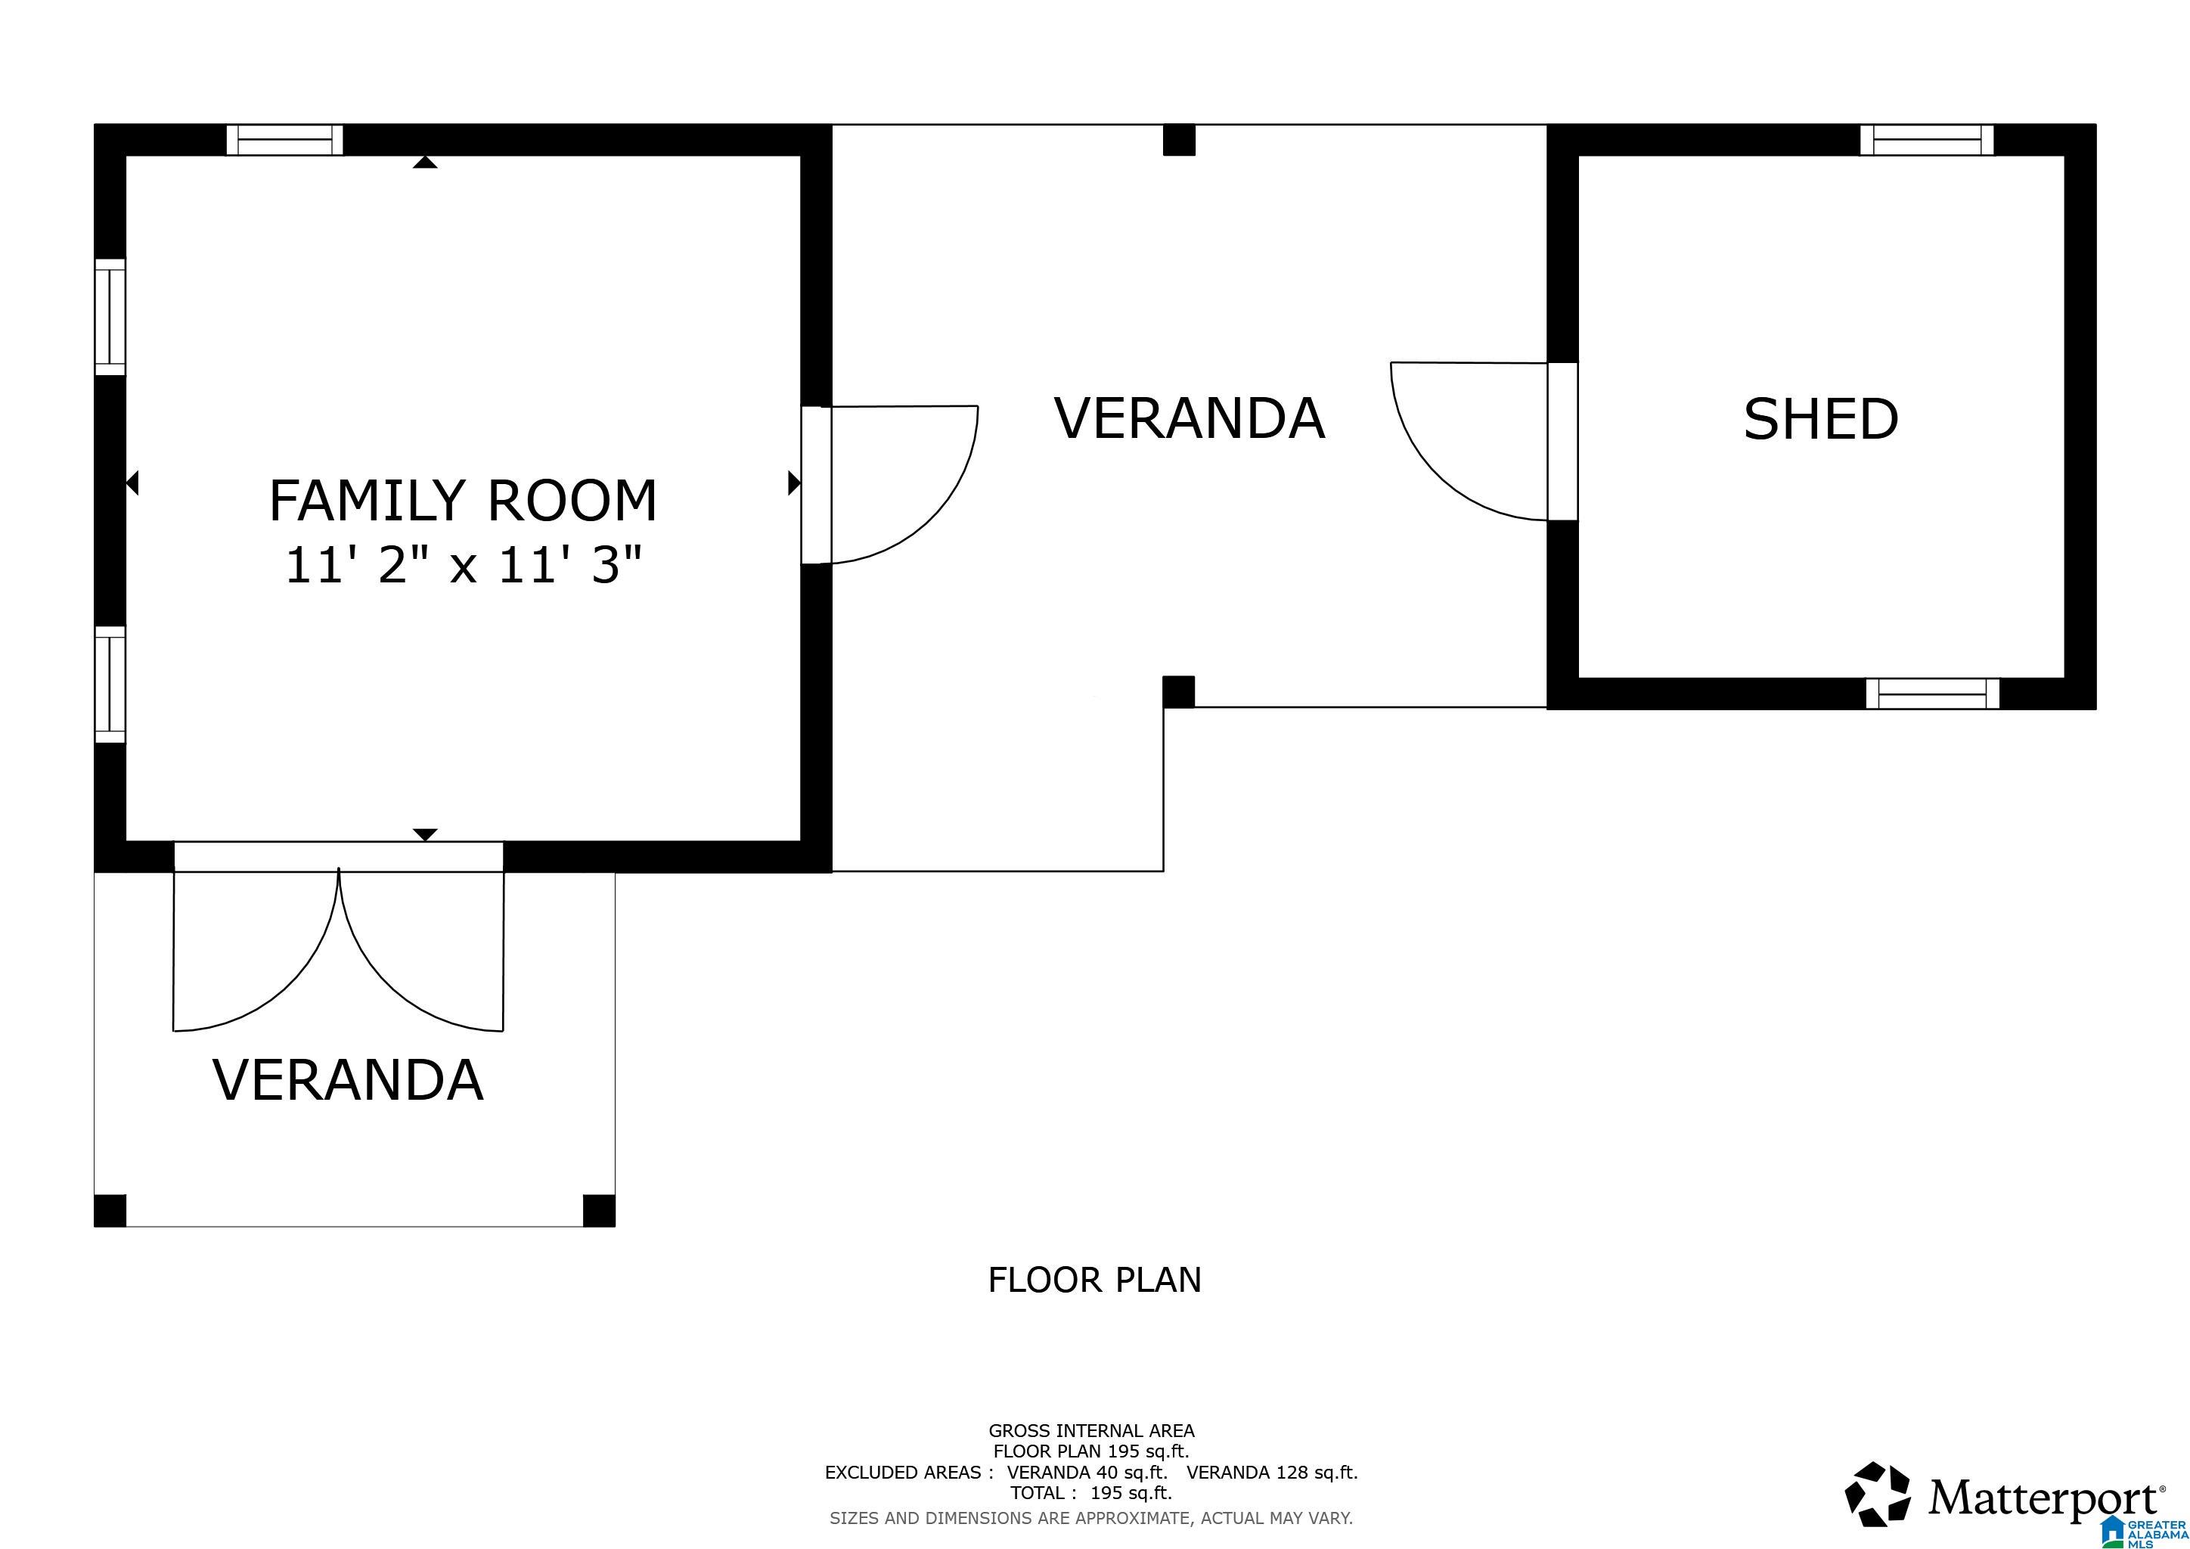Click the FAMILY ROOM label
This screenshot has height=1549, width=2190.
point(464,501)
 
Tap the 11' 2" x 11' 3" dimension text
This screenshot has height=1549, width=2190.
point(464,565)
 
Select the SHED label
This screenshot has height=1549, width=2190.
point(1821,420)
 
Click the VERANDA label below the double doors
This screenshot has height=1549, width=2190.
point(348,1080)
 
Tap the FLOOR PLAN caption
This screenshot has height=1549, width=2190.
point(1094,1280)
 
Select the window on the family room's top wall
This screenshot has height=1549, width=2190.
point(284,140)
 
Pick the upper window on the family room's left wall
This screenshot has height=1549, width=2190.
point(110,317)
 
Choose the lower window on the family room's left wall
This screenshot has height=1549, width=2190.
point(110,684)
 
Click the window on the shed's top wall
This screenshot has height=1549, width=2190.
point(1927,140)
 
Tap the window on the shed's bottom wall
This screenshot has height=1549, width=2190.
point(1932,694)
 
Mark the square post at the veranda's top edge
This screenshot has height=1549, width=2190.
point(1179,140)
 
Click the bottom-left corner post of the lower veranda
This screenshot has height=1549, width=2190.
point(110,1210)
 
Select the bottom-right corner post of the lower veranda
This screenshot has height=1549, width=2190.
point(599,1210)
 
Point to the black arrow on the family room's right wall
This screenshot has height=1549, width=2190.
point(793,483)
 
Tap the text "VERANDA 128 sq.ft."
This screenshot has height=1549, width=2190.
point(1273,1472)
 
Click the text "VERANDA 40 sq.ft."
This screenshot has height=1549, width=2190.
point(1087,1472)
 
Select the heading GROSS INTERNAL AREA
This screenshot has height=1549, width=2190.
point(1091,1431)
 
